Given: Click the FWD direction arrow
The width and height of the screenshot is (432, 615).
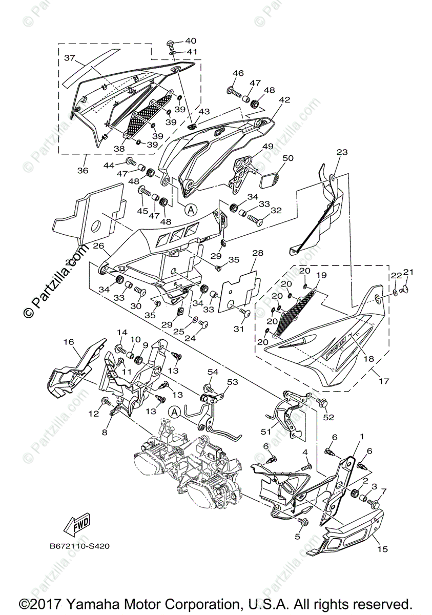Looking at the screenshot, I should point(76,524).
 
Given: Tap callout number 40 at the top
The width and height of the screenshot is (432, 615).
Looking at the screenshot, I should point(191,40).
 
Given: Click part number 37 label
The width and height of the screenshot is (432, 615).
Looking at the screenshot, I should point(70,58).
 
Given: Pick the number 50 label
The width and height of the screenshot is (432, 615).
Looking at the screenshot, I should point(287,158).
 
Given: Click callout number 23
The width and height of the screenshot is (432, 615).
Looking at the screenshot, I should point(342,152).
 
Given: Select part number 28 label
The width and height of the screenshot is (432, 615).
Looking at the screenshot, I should point(258,254).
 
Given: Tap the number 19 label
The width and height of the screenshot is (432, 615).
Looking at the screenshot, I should point(321,276).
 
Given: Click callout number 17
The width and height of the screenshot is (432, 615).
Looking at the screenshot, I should point(384,381).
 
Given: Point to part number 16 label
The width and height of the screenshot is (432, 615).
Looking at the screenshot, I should point(69,342).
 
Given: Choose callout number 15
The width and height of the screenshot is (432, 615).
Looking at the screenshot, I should point(382,550).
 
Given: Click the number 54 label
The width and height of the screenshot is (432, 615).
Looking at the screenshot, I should point(213,371).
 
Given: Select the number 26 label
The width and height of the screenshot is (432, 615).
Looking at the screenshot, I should point(98,246).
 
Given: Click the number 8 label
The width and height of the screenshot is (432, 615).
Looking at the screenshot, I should point(104,432).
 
